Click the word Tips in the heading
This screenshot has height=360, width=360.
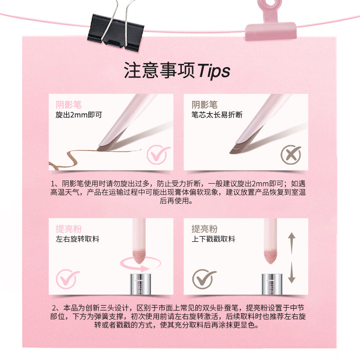pos(214,71)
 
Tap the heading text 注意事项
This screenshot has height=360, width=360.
pos(160,71)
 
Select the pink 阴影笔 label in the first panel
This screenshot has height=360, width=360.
pos(69,104)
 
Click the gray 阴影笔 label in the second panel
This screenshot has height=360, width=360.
pos(204,104)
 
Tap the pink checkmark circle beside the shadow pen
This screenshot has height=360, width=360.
pos(158,155)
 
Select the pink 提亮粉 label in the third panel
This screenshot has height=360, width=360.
pos(69,229)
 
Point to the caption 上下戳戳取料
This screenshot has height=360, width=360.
pos(213,239)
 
